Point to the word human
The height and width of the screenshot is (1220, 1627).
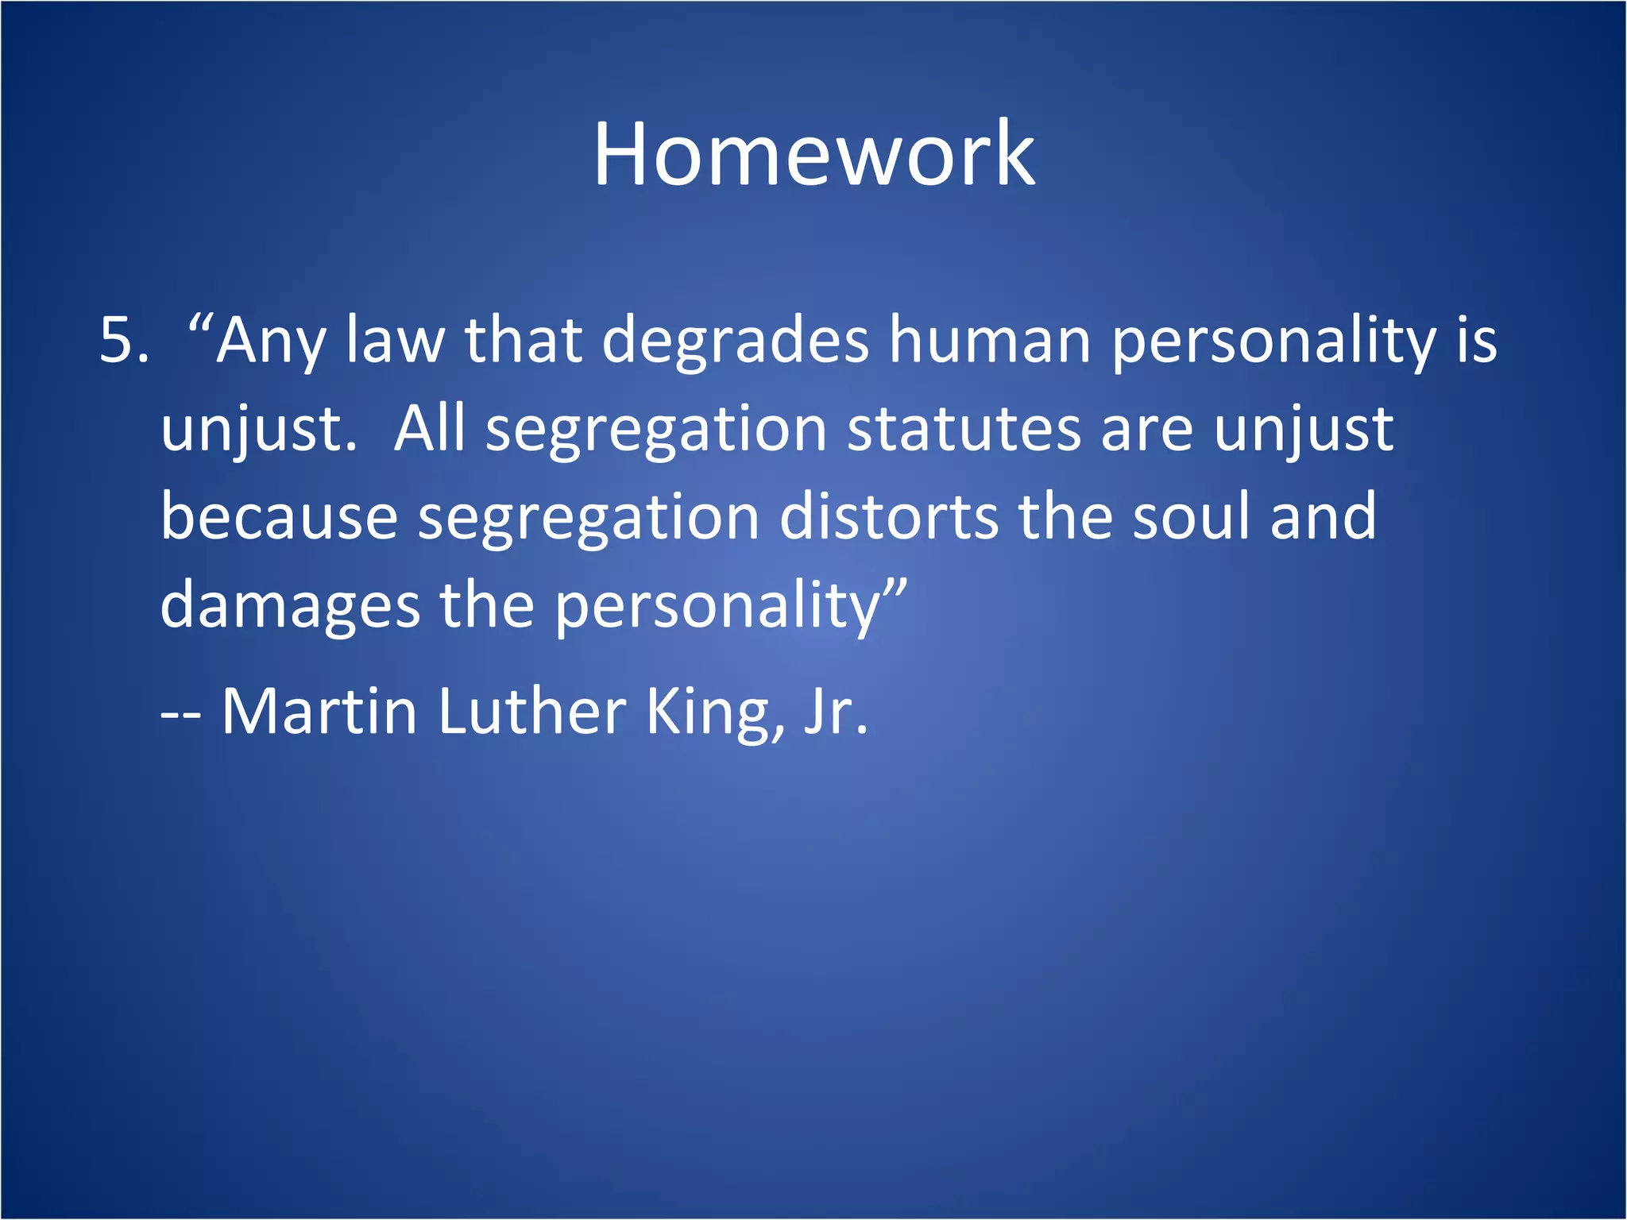coord(989,340)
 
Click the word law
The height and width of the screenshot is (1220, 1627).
coord(395,340)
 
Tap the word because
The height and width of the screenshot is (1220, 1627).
coord(279,517)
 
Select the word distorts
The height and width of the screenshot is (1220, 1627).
coord(889,516)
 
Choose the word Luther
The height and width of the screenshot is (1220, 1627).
coord(531,711)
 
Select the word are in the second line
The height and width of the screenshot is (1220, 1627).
coord(1146,429)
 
